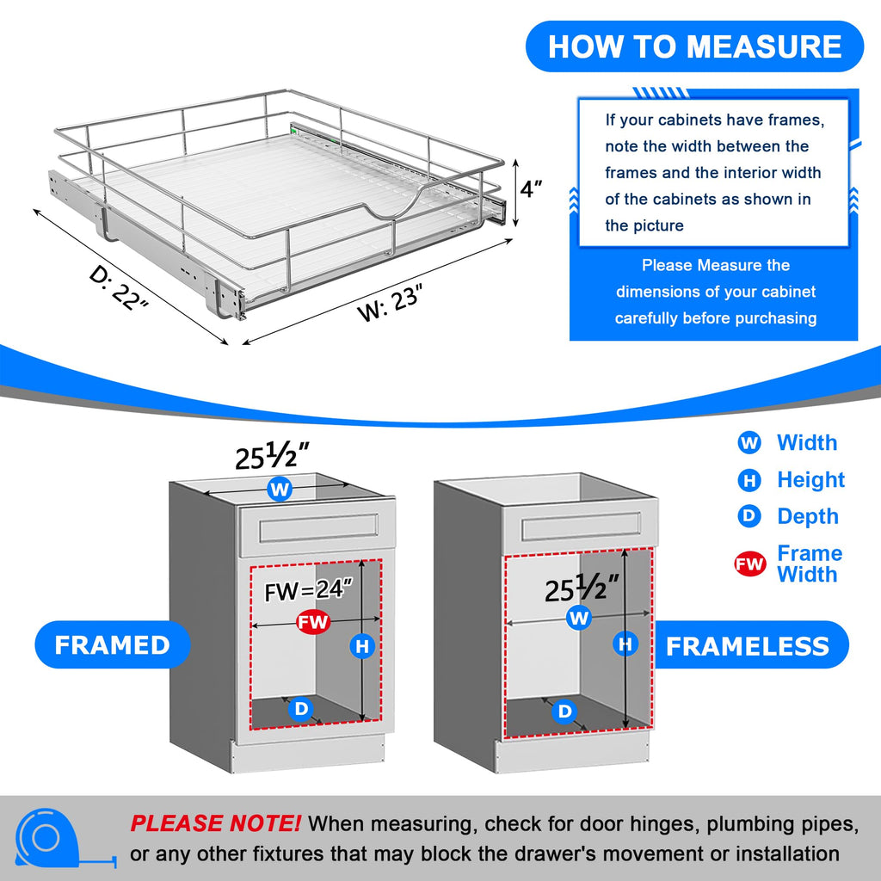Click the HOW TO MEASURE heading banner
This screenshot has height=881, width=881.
click(x=694, y=46)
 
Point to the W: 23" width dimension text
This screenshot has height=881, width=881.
click(x=392, y=302)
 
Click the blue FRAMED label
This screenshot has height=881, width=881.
click(x=112, y=645)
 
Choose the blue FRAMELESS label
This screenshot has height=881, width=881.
click(x=747, y=646)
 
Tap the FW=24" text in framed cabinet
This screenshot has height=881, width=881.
click(x=309, y=590)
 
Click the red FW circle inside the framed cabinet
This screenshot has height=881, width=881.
click(x=312, y=622)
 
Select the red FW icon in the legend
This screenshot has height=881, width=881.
click(x=749, y=564)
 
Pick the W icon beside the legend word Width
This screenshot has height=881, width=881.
click(x=749, y=443)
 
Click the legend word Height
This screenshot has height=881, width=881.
click(x=810, y=480)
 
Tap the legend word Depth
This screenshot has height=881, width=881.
click(x=807, y=516)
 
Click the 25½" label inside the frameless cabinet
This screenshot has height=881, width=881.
click(x=582, y=589)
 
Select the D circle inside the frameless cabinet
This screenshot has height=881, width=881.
click(x=564, y=712)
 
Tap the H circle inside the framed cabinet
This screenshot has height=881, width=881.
click(x=363, y=645)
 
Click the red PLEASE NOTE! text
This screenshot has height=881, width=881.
click(x=215, y=823)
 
